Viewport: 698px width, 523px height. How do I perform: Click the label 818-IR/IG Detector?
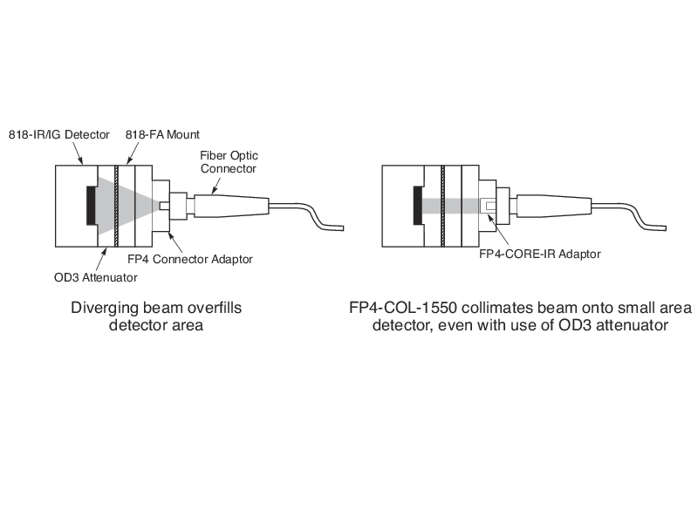(x=59, y=134)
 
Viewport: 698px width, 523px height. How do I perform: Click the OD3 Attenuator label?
(x=91, y=278)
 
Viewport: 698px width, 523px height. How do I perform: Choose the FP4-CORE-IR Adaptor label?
(x=540, y=255)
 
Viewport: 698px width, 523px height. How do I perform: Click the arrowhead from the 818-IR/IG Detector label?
(x=83, y=163)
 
